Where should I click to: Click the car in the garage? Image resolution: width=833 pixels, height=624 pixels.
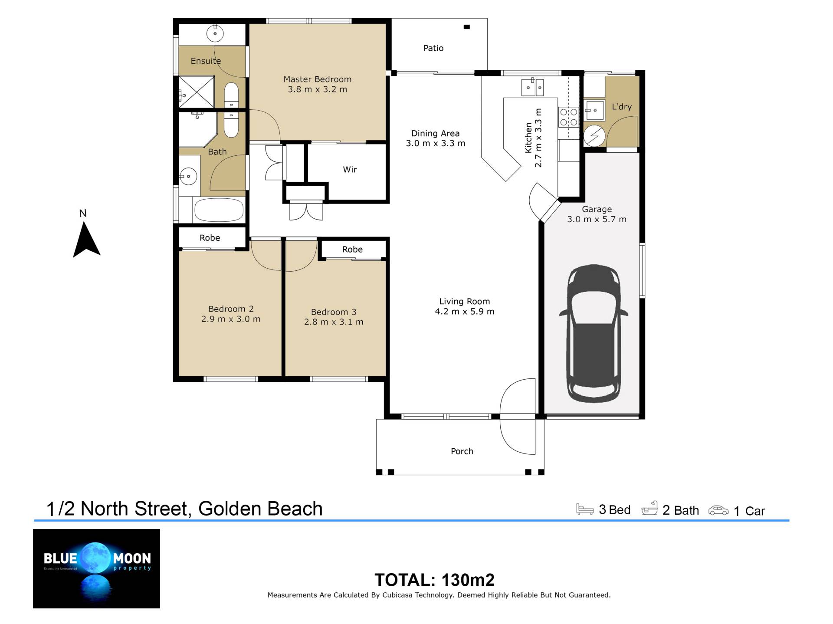click(593, 333)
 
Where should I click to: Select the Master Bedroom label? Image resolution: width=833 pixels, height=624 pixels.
click(318, 79)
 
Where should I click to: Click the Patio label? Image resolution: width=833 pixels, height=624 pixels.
click(433, 48)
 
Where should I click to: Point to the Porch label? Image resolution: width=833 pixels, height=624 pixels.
click(462, 451)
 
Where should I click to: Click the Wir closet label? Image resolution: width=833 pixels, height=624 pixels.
click(350, 170)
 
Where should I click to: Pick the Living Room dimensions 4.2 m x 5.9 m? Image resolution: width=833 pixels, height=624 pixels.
click(465, 312)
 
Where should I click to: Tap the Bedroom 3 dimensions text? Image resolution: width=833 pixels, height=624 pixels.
click(334, 322)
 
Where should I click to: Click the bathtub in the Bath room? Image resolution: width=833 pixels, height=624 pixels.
click(219, 210)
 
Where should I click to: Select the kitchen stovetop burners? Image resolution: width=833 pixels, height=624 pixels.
click(568, 117)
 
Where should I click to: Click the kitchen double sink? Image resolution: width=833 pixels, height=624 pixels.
click(532, 87)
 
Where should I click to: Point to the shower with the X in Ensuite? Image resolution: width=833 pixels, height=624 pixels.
click(197, 92)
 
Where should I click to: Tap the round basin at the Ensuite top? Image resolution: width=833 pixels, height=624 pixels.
click(214, 33)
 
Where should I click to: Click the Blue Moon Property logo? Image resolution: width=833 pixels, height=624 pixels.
click(96, 568)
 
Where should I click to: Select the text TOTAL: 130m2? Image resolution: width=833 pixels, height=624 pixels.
click(434, 580)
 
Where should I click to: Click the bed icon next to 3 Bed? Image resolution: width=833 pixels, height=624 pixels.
click(585, 509)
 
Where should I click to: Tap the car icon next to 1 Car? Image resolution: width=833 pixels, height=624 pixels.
click(718, 510)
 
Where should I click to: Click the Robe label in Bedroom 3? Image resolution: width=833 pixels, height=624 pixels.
click(352, 250)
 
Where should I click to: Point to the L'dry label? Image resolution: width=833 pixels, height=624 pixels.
click(622, 107)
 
